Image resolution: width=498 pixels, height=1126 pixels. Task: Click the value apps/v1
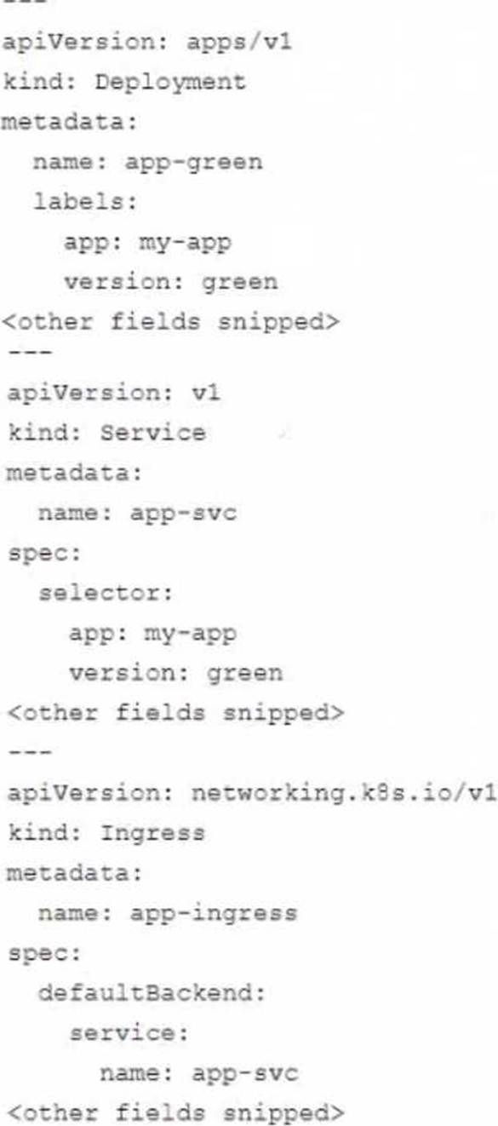[x=238, y=42]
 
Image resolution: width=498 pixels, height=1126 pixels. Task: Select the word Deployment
[x=170, y=82]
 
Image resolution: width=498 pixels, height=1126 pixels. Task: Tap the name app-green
[x=193, y=163]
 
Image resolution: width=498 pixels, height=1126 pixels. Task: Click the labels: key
[x=85, y=202]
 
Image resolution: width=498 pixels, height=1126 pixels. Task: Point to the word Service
[x=152, y=433]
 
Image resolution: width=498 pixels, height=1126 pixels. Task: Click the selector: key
[x=106, y=593]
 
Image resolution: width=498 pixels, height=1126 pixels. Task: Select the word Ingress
[x=152, y=833]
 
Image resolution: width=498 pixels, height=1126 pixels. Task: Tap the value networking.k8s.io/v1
[x=344, y=793]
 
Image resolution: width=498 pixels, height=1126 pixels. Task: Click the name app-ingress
[x=214, y=913]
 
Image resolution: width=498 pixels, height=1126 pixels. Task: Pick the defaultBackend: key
[x=152, y=993]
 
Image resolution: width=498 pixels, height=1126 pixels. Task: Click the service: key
[x=129, y=1033]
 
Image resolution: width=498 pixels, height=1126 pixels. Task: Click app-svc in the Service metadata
[x=183, y=514]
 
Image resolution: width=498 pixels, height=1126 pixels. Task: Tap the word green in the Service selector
[x=244, y=674]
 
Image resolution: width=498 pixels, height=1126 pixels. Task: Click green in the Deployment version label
[x=240, y=283]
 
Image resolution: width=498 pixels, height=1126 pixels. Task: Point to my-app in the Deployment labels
[x=185, y=243]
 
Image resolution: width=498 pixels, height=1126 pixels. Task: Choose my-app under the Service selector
[x=190, y=634]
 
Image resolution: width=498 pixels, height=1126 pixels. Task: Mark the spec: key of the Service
[x=44, y=554]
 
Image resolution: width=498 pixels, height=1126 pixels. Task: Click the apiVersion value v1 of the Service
[x=205, y=393]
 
